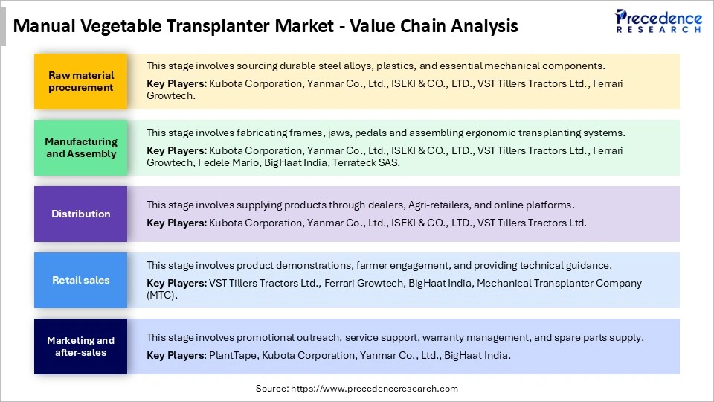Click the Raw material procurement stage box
click(x=80, y=81)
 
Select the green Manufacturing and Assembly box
click(x=80, y=147)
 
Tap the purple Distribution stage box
click(x=80, y=214)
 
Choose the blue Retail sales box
click(x=80, y=280)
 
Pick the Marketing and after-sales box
click(x=80, y=346)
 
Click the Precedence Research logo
click(x=658, y=22)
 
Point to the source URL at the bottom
click(x=357, y=389)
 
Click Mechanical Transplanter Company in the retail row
click(x=559, y=283)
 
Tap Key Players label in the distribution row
click(x=176, y=223)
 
